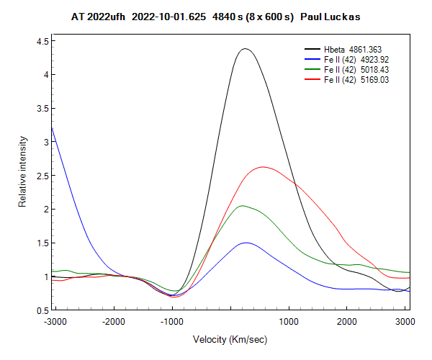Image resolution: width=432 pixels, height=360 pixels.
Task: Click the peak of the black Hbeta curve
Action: tap(245, 49)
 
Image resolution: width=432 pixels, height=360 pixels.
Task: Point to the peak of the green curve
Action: tap(243, 206)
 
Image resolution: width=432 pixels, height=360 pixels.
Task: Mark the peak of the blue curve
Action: tap(246, 243)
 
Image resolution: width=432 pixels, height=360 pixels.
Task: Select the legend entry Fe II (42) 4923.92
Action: tap(356, 59)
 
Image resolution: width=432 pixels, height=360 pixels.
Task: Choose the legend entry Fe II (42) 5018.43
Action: tap(356, 68)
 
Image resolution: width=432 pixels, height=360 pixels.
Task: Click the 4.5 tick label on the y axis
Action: tap(42, 41)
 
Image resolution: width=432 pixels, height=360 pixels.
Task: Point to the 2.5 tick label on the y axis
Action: tap(42, 176)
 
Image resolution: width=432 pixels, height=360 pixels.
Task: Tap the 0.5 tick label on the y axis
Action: tap(42, 310)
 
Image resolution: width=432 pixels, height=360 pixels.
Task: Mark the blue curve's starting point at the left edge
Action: tap(53, 128)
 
